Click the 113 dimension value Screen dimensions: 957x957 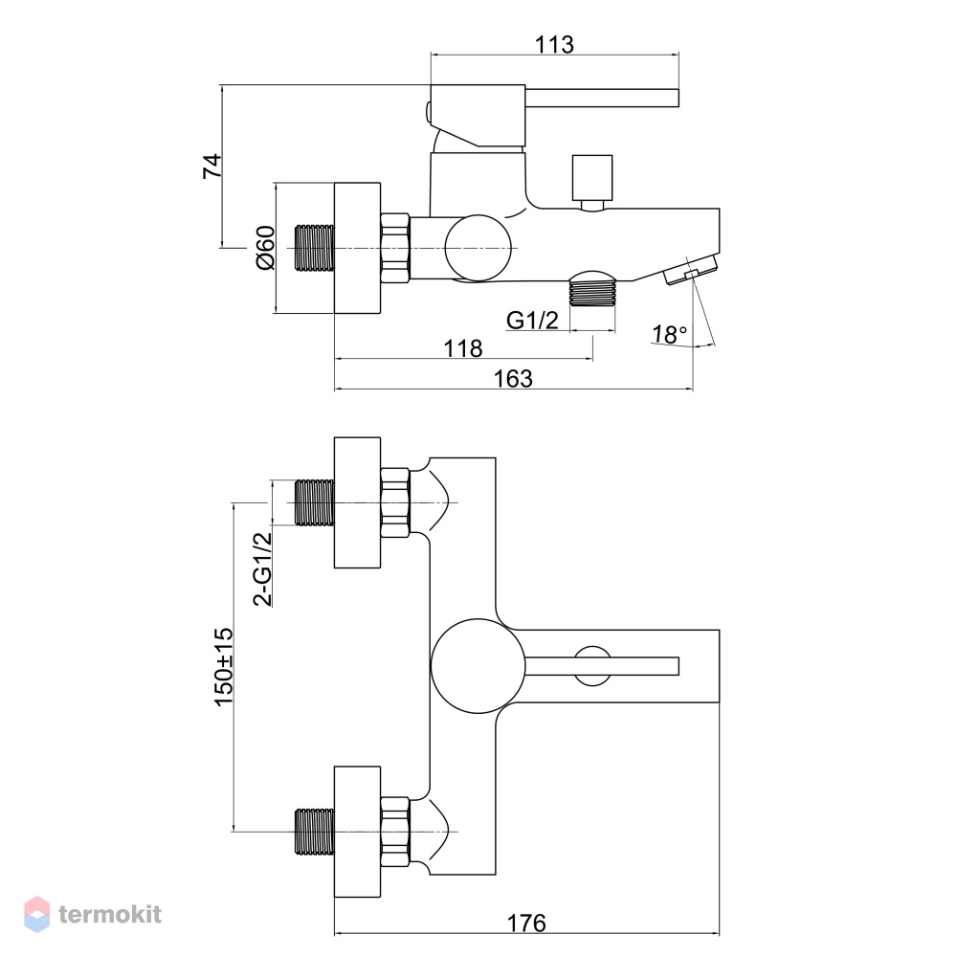coord(554,45)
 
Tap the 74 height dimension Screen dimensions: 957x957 coord(212,166)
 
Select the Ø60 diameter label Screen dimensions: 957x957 coord(265,247)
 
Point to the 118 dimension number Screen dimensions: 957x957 coord(462,348)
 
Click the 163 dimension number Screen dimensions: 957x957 coord(513,378)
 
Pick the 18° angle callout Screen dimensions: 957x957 coord(670,334)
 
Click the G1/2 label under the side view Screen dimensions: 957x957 coord(532,320)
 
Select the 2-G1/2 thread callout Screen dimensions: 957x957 coord(262,568)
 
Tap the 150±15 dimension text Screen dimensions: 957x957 coord(223,666)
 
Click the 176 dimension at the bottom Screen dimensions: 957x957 coord(526,924)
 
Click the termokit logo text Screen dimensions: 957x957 coord(110,914)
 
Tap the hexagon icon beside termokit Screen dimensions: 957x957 coord(36,914)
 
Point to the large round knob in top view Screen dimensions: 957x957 coord(478,666)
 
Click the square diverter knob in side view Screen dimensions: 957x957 coord(592,178)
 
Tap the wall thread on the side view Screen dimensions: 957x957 coord(314,248)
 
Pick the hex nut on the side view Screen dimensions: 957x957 coord(394,248)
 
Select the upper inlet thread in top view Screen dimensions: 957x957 coord(314,502)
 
